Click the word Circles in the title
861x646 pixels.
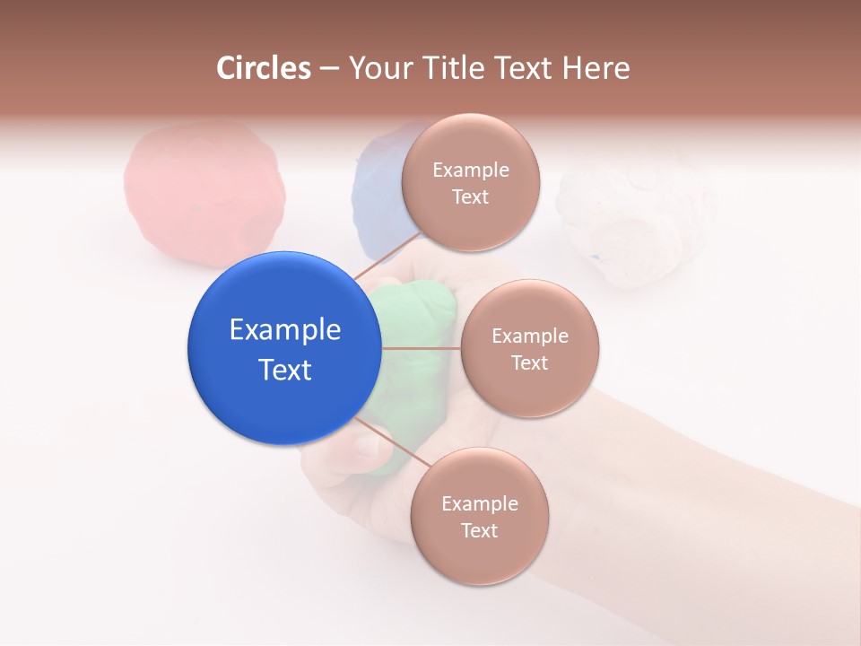click(263, 68)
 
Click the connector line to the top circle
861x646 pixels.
click(387, 256)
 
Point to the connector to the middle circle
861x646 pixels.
click(422, 348)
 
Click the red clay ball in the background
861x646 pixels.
click(204, 193)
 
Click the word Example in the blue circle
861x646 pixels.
click(285, 330)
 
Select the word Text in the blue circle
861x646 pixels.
click(285, 370)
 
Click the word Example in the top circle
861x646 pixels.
click(471, 170)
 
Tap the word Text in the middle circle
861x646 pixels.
click(529, 362)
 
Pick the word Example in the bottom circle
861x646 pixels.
click(480, 503)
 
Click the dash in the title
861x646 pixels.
click(329, 68)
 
